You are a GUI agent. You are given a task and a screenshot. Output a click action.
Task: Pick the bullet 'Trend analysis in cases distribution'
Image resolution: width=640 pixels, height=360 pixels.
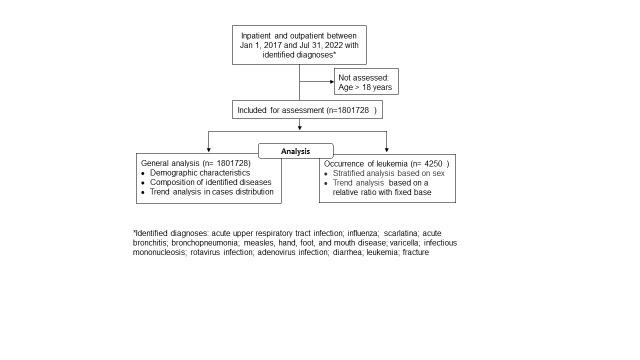click(212, 191)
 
